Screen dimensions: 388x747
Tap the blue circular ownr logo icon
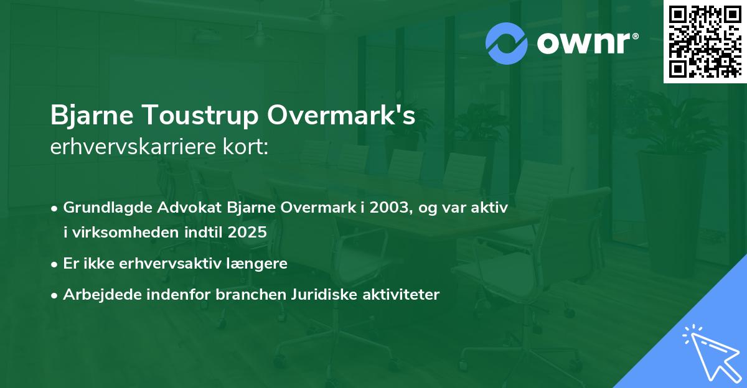507,43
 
